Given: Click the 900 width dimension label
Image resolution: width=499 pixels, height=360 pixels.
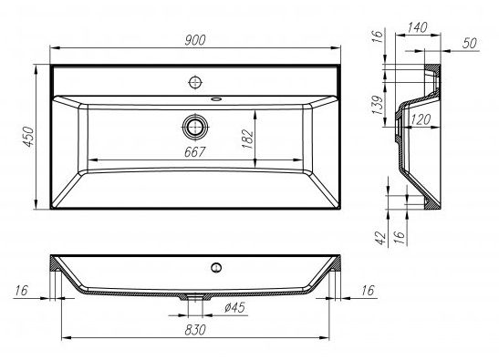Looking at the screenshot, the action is pos(195,40).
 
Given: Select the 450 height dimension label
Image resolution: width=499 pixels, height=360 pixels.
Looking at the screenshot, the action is pos(29,137).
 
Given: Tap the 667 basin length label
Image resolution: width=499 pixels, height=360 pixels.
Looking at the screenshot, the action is pos(194,152).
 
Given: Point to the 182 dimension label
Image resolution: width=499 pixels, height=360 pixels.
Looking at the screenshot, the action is pos(247,139).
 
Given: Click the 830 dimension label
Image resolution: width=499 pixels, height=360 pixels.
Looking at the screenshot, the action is pos(195,330).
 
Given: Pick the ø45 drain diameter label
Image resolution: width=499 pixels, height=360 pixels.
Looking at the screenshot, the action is pos(234,307).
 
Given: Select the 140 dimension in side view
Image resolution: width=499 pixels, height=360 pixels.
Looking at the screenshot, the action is pos(417,27).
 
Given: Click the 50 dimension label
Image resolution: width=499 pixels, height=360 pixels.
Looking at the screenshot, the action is pos(470,43).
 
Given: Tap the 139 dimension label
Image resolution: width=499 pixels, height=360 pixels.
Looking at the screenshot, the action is pos(377,105).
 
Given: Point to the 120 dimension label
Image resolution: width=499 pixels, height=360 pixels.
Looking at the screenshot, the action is pos(421,120).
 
